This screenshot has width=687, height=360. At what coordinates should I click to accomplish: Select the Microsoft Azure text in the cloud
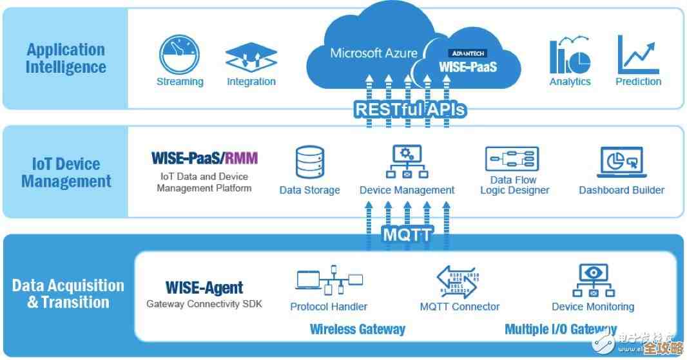(374, 53)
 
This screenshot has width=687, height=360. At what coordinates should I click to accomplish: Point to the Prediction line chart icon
(638, 55)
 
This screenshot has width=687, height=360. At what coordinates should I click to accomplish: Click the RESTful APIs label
(410, 109)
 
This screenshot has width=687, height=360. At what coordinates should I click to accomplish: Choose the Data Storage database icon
(309, 162)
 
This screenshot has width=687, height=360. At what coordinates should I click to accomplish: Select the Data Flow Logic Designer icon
(512, 159)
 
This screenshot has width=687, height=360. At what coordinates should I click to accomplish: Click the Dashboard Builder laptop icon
(621, 162)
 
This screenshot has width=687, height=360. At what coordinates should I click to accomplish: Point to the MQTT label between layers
(407, 234)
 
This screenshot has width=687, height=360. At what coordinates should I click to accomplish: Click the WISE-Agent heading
(204, 287)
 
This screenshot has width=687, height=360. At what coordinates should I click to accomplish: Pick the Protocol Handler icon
(329, 281)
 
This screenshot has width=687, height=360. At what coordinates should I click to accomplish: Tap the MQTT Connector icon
(459, 281)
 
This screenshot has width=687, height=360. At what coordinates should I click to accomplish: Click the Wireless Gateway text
(358, 329)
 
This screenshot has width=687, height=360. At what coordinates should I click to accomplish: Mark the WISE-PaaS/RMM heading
(204, 158)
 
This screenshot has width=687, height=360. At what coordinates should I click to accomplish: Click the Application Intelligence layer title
(65, 58)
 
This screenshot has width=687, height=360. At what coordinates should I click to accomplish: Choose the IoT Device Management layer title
(66, 173)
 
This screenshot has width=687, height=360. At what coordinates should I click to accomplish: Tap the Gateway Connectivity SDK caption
(204, 304)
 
